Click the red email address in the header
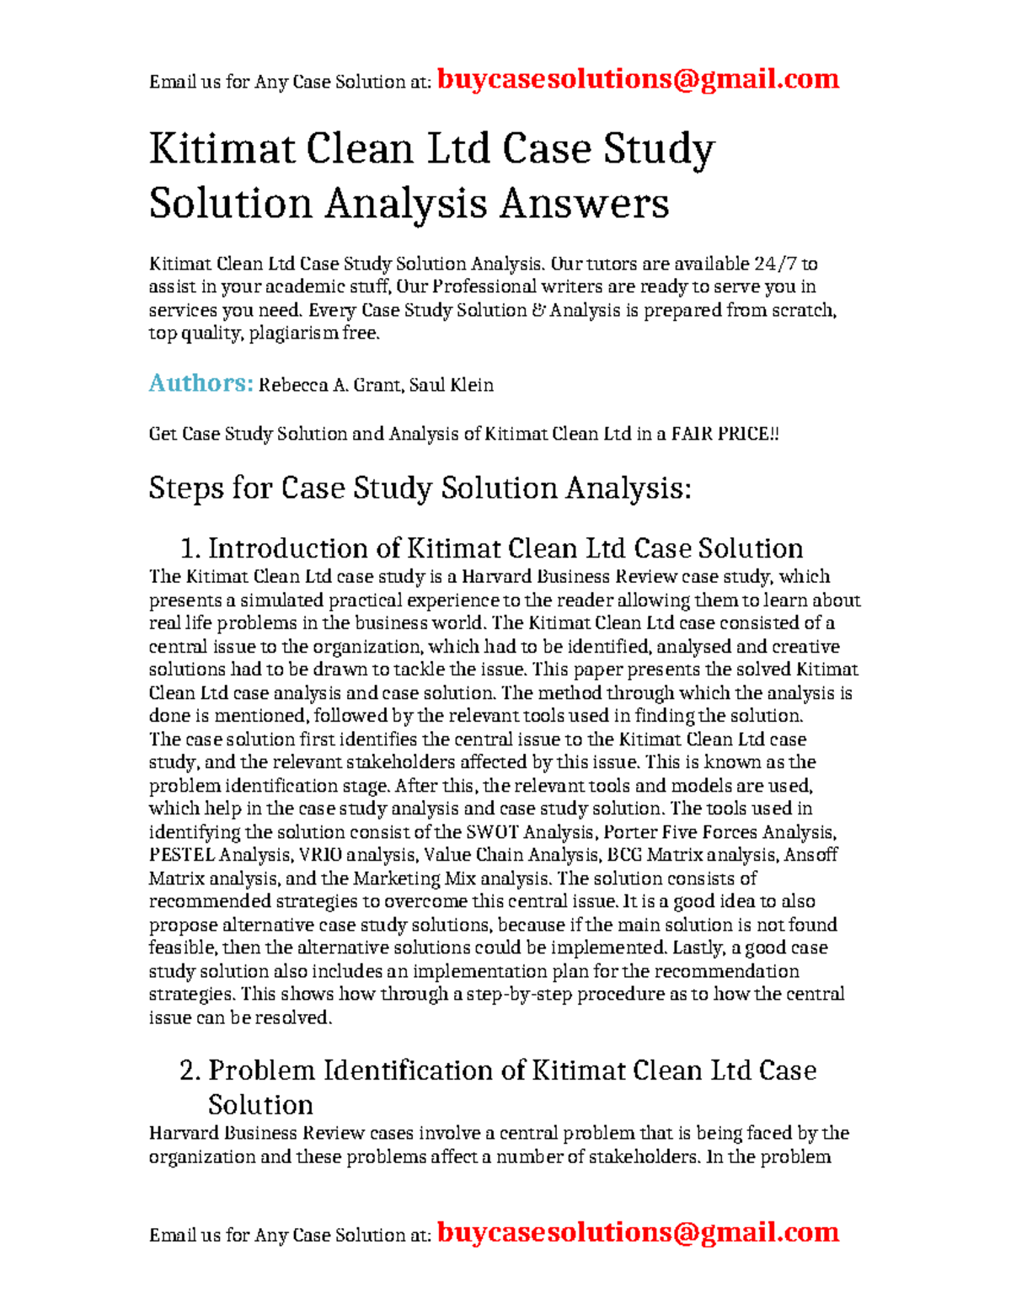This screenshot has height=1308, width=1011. [638, 79]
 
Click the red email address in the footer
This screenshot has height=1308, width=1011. [638, 1232]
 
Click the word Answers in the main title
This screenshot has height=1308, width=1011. [584, 204]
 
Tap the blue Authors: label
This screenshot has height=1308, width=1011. [201, 383]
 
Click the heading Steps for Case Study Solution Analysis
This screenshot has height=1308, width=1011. [420, 488]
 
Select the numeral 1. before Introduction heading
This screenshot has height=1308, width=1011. [190, 549]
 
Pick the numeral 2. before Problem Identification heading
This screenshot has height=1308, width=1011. [190, 1070]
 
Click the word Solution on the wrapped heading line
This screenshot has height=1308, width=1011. [260, 1105]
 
